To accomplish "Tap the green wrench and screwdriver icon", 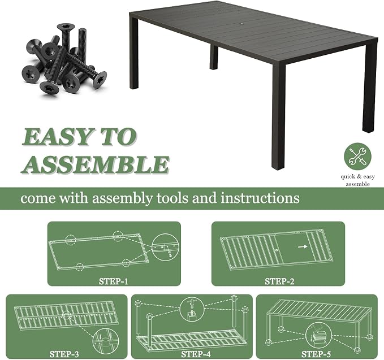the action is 357,157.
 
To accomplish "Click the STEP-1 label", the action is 113,281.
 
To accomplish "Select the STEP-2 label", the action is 279,281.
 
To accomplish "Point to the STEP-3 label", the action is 64,354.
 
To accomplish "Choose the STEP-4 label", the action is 196,354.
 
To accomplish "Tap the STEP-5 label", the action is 316,354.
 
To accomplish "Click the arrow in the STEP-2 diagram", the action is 303,247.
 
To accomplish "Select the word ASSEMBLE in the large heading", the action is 96,164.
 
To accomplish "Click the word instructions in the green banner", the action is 260,198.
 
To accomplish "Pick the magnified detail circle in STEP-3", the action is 93,341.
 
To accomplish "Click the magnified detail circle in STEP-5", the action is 305,335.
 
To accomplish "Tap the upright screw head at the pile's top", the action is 66,27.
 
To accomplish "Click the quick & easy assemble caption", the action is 357,180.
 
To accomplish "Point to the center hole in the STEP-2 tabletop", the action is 276,250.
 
